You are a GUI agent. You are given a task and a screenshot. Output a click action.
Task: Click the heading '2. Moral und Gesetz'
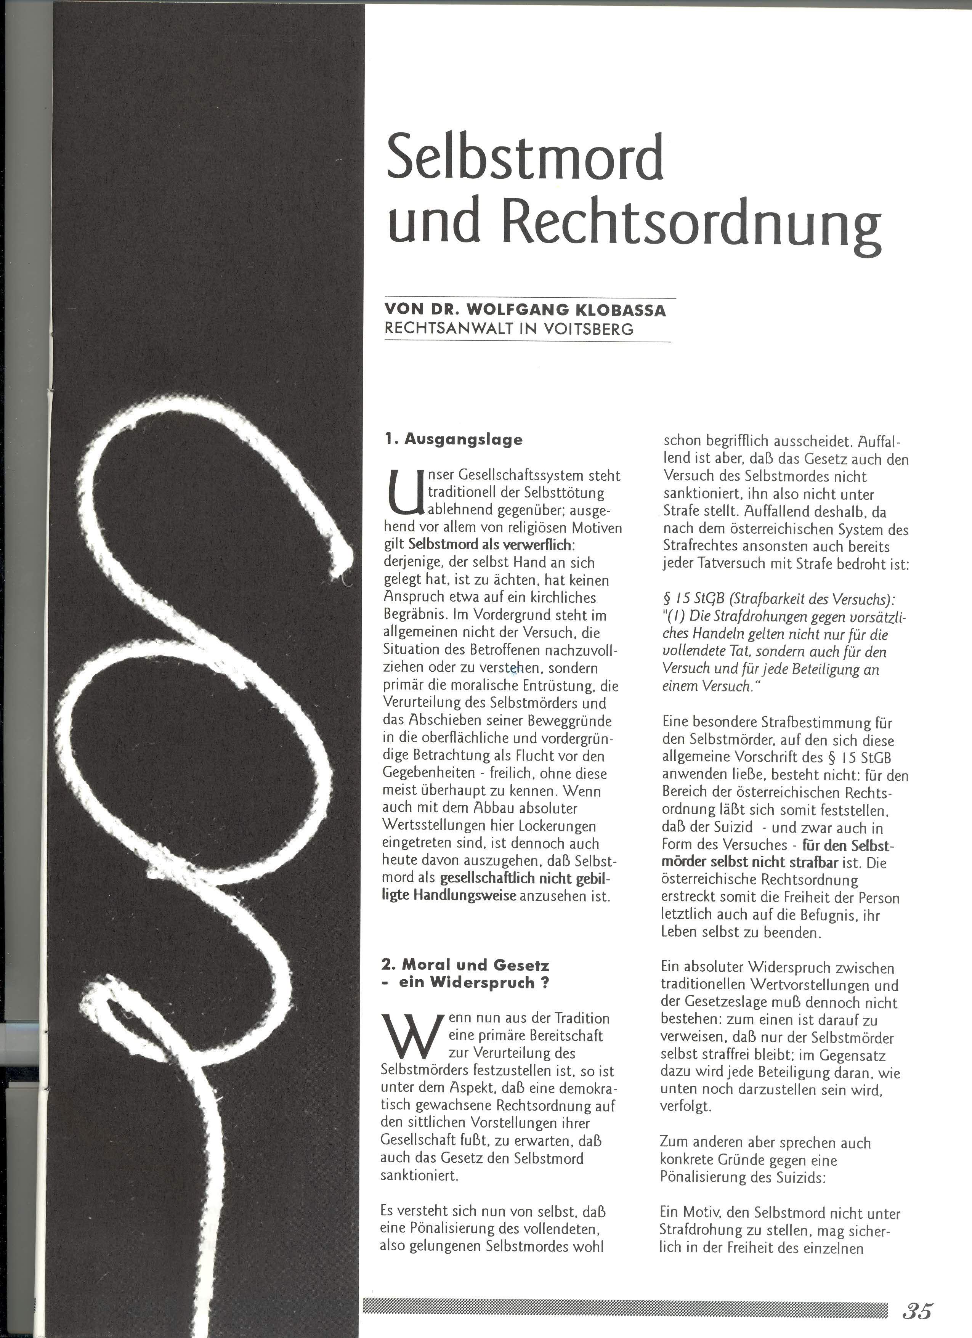point(465,965)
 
